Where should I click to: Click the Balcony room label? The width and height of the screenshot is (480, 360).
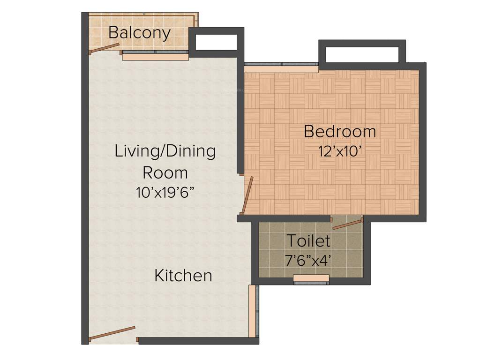point(139,33)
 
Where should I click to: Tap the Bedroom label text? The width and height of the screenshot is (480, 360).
point(340,131)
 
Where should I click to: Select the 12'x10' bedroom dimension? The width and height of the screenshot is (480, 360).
point(340,151)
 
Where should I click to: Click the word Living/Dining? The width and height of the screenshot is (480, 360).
point(165,151)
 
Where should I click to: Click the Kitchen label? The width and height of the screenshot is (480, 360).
point(183,276)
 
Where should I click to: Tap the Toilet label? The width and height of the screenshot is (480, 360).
point(308,241)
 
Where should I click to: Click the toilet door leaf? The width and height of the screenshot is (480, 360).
point(347,224)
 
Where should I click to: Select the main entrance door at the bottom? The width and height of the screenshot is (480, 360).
point(112,332)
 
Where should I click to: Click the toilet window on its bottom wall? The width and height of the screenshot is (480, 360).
point(311,279)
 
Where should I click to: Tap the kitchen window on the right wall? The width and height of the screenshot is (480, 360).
point(253,311)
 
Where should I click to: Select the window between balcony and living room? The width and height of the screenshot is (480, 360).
point(155,56)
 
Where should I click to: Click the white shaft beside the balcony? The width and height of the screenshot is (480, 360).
point(216,42)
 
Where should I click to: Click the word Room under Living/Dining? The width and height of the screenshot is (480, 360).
point(165,172)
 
